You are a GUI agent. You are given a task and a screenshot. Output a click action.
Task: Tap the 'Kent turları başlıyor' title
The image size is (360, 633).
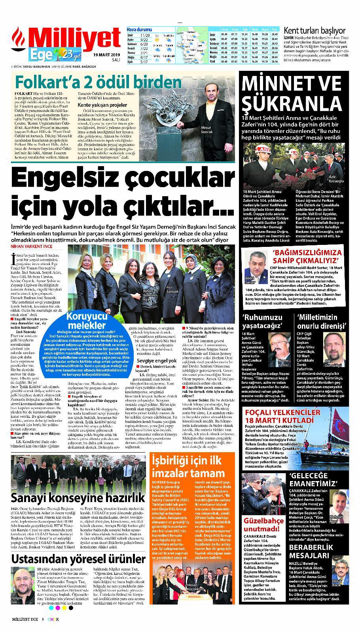coord(315,30)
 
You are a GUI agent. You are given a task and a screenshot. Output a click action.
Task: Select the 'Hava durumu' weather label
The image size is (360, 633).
coord(137,30)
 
